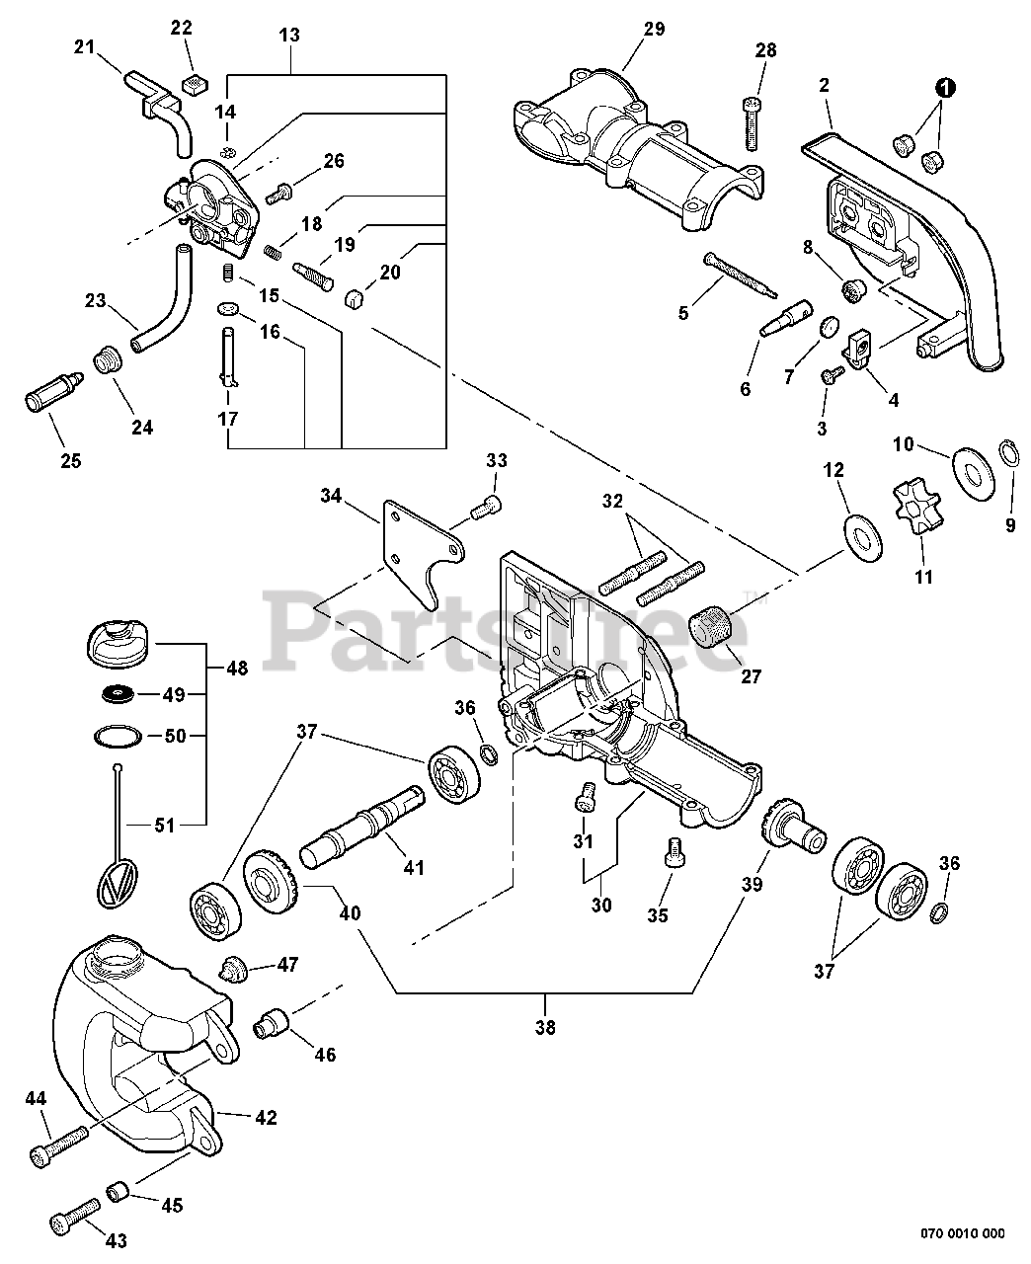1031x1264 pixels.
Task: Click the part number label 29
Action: [654, 29]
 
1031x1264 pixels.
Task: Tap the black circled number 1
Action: [946, 89]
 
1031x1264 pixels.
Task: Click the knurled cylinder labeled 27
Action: [711, 626]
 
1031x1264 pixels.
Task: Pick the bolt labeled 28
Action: [752, 123]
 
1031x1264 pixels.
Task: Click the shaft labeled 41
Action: [362, 828]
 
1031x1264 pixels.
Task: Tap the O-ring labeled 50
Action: [119, 736]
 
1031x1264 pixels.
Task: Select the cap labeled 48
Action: [119, 643]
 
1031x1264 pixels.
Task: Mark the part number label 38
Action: [545, 1027]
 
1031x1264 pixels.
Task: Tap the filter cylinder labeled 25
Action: [54, 391]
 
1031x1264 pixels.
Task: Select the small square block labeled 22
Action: [194, 84]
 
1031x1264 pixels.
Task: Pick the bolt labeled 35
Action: [674, 850]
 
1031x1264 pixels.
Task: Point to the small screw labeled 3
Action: [832, 374]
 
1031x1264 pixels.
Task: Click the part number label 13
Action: [289, 35]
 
